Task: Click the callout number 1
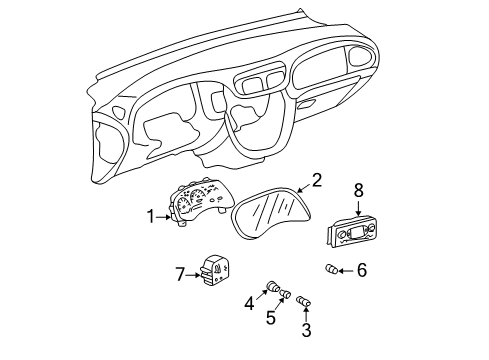[x=151, y=215]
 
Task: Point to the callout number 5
[x=270, y=318]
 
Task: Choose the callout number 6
[x=362, y=269]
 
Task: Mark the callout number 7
[x=181, y=273]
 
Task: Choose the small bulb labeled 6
[x=333, y=269]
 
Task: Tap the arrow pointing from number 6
[x=348, y=269]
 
